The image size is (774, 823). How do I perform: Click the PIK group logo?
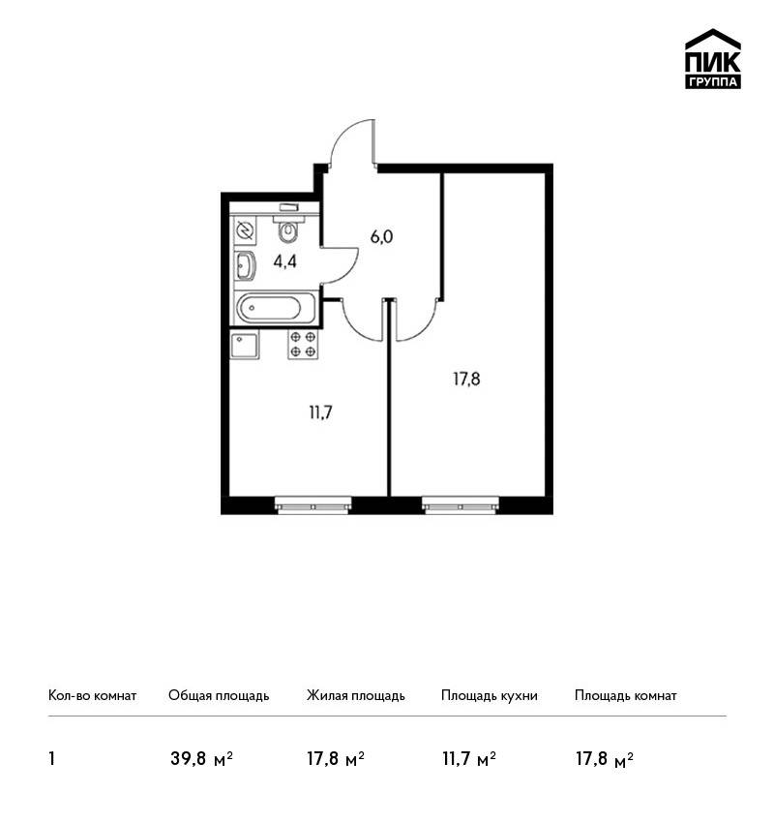tap(713, 59)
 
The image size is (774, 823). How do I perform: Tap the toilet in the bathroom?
tap(286, 226)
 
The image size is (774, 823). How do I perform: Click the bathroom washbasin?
tap(246, 265)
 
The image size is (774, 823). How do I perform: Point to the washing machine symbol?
tap(246, 230)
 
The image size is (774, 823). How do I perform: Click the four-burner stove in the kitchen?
tap(303, 345)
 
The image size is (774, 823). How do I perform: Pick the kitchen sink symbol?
tap(245, 345)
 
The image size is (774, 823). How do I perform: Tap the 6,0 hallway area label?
tap(381, 237)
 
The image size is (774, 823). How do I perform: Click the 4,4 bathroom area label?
tap(284, 261)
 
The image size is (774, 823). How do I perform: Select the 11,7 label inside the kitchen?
tap(320, 413)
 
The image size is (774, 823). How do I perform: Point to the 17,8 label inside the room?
tap(466, 379)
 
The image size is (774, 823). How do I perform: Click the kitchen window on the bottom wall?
tap(313, 504)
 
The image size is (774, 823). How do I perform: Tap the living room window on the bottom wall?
tap(461, 504)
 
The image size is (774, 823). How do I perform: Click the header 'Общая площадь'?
tap(219, 695)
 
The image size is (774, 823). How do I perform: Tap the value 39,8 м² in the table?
tap(201, 758)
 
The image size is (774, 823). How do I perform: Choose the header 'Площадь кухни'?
tap(490, 695)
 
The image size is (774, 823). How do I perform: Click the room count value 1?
tap(51, 759)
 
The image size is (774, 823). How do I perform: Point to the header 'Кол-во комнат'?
tap(92, 695)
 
